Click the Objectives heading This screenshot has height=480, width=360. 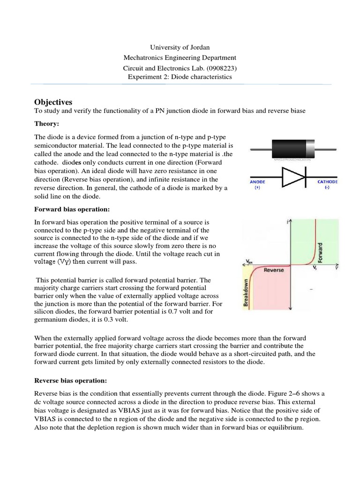point(53,102)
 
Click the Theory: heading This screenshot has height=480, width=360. point(48,124)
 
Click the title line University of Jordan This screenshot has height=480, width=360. point(180,47)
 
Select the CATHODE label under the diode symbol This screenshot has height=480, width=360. point(327,182)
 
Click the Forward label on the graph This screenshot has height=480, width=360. point(321,252)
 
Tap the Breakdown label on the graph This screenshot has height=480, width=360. point(245,292)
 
